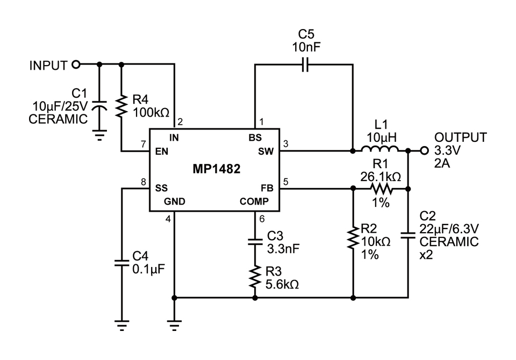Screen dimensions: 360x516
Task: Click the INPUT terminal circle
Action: pos(76,65)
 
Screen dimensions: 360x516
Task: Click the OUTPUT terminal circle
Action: pos(424,151)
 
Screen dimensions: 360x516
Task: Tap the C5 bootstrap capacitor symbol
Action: pos(305,65)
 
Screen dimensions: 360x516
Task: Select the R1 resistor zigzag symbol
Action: pos(381,189)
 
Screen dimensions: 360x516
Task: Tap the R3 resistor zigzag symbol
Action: pos(255,277)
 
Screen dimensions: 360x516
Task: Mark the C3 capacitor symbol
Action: pos(255,241)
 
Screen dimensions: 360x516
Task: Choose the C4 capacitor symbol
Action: pos(121,263)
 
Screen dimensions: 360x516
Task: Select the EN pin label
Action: pos(162,152)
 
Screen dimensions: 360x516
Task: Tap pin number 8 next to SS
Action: pos(144,182)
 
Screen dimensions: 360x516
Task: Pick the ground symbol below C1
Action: pos(99,135)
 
